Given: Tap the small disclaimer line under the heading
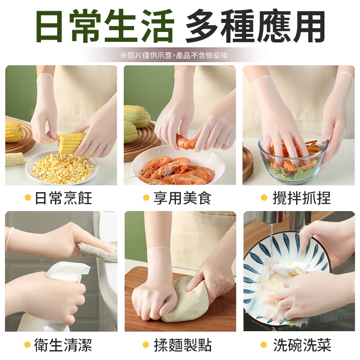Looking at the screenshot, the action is pos(174,55).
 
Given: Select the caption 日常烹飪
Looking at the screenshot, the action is pos(63,198).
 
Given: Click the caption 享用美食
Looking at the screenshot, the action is pos(182,198).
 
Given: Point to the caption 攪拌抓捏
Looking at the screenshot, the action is pos(301,198).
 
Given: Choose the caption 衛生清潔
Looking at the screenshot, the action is pos(63,345).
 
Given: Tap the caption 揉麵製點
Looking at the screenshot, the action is pos(182,345).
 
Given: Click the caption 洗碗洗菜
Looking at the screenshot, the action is pos(302,345).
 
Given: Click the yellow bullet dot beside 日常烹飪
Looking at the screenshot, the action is pos(28,198).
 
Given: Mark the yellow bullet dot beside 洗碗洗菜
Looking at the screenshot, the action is pos(264,345).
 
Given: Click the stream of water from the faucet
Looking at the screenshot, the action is pos(271,243).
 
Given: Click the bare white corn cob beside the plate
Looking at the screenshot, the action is pos(15,159).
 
